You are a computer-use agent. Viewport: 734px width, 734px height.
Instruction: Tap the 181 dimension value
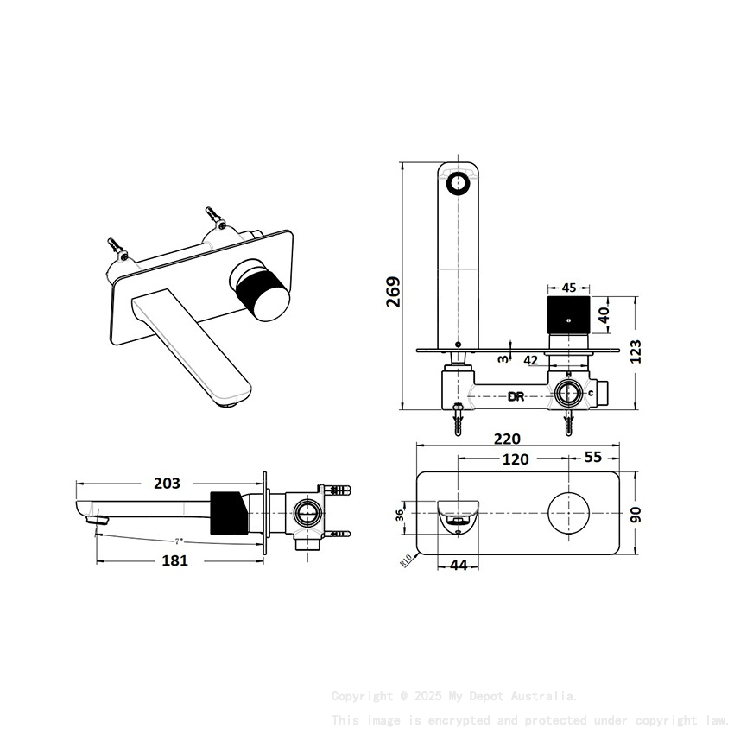coord(175,560)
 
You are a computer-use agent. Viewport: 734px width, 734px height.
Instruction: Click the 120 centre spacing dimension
coord(516,459)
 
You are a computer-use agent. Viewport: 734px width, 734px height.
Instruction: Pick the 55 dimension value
coord(593,459)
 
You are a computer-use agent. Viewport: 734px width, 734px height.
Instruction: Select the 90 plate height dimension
coord(636,515)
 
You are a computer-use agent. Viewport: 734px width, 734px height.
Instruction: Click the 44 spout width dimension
coord(459,565)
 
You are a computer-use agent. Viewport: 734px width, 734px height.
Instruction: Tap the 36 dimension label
coord(400,515)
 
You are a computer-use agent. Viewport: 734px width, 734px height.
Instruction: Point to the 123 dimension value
coord(636,351)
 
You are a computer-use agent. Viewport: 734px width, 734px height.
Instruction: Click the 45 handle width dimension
coord(569,288)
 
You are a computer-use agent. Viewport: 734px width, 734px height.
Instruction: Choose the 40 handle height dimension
coord(605,314)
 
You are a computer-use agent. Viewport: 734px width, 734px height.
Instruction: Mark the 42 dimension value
coord(531,360)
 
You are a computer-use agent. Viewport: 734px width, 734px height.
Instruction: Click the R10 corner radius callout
coord(405,560)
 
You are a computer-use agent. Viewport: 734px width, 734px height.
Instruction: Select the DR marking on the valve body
coord(516,396)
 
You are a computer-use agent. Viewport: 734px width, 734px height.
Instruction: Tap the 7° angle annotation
coord(178,541)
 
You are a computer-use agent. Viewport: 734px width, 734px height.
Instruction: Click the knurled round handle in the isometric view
coord(262,291)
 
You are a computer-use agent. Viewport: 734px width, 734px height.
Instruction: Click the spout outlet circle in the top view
coord(458,183)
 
